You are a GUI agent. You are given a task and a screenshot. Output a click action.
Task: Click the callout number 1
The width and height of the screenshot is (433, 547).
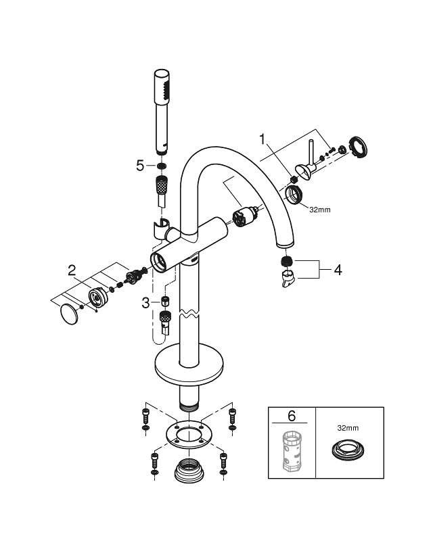(265, 141)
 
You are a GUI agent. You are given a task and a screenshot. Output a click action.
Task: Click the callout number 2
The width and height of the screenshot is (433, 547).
(72, 271)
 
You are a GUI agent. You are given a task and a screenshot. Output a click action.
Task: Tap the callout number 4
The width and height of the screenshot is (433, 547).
(336, 269)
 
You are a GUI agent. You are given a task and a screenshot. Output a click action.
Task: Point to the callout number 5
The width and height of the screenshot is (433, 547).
(140, 165)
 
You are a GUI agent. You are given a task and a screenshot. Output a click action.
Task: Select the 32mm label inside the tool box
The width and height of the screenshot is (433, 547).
(349, 428)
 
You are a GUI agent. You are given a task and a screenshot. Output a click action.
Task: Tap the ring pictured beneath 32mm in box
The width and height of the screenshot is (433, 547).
(349, 451)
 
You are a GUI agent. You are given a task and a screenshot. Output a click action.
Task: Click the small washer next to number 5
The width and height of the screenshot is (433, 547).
(162, 166)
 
